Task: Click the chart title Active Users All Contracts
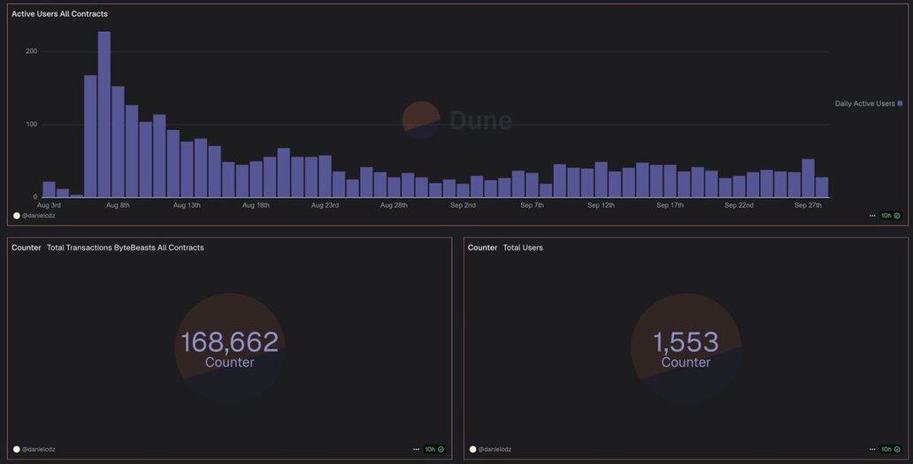59,14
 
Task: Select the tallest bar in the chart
104,115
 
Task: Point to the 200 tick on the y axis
32,51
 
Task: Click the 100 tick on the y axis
32,124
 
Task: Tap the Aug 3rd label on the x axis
49,205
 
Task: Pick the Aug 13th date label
187,205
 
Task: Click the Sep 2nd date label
463,205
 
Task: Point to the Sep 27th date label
808,205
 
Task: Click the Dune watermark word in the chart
480,120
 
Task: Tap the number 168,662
229,342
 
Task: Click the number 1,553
686,342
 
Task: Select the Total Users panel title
523,247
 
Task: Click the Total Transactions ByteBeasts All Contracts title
125,247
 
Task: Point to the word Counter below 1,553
686,362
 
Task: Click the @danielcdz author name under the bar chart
39,216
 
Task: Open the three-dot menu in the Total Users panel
873,449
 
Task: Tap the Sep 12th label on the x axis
601,205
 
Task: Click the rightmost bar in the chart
822,187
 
